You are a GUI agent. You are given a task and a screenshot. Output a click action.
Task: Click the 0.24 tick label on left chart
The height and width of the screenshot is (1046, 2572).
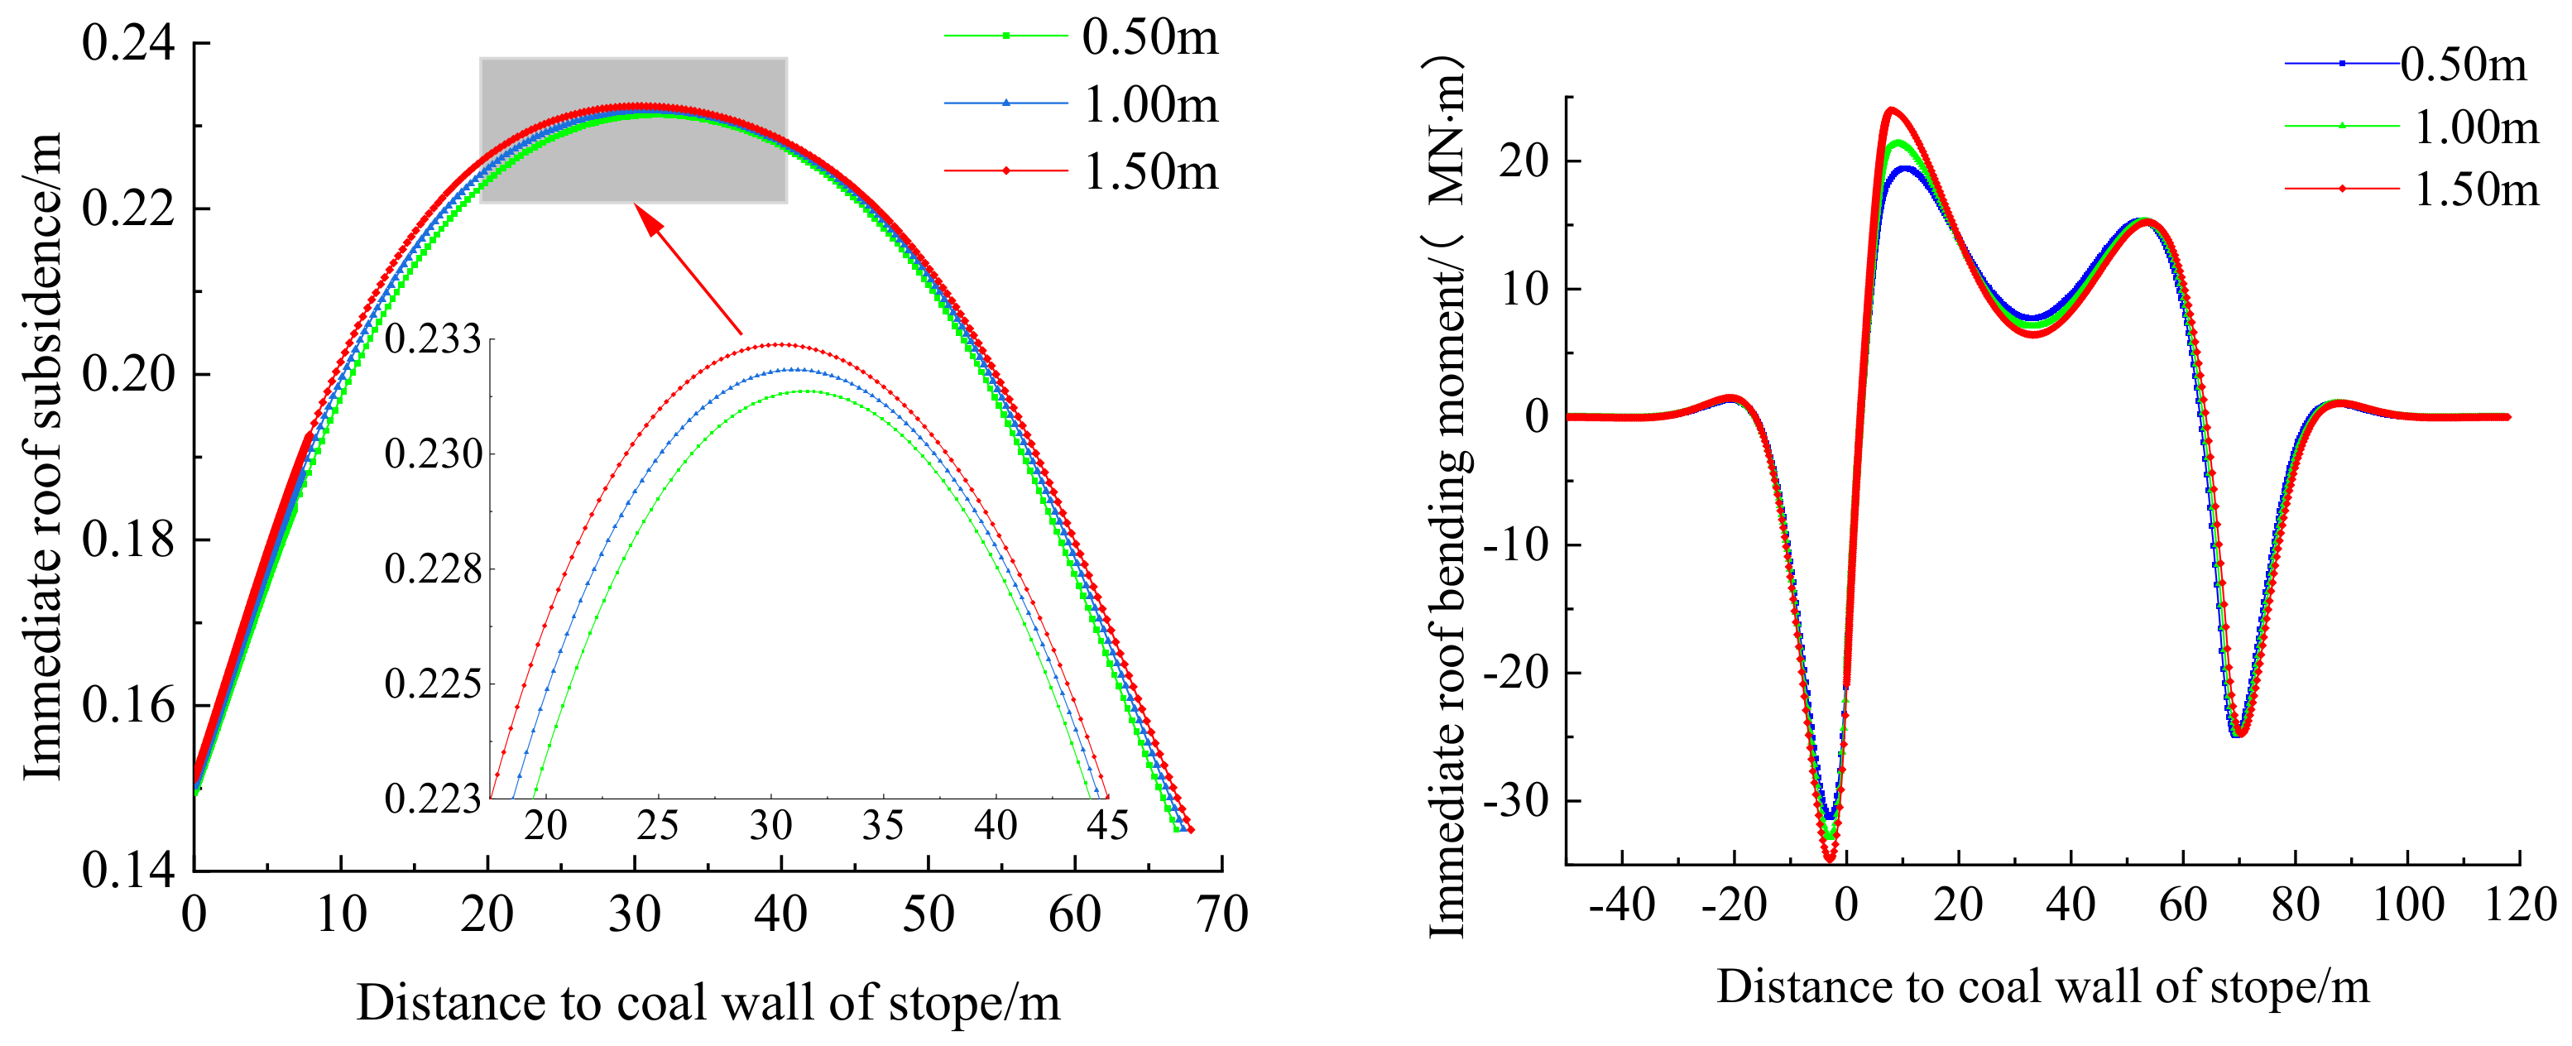point(127,44)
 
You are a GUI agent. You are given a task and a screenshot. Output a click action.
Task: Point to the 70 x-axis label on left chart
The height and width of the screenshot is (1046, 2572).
point(1222,914)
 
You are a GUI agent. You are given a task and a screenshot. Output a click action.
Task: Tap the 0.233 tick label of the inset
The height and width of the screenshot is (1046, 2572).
point(432,339)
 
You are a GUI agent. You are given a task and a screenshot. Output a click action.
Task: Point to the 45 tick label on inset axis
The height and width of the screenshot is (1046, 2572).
point(1107,825)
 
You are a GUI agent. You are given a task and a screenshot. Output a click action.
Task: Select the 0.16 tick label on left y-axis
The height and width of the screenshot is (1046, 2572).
point(127,706)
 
